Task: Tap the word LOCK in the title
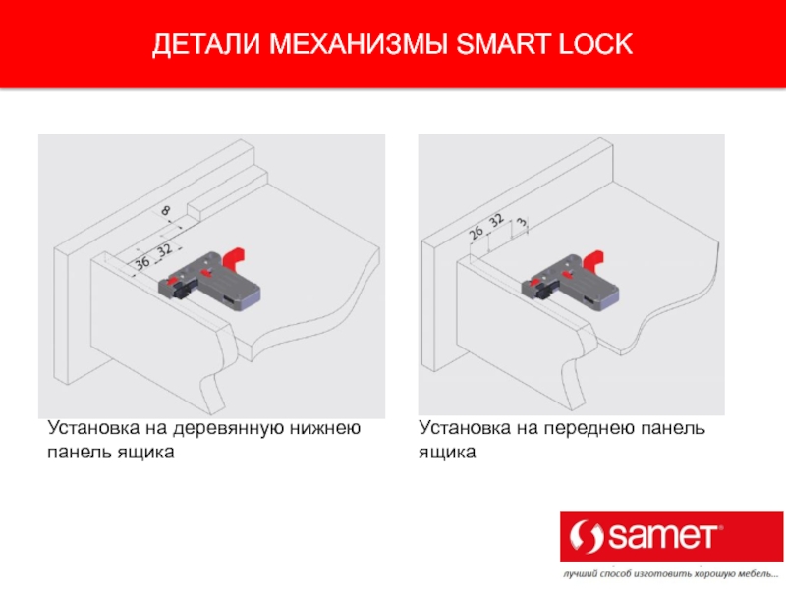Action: coord(595,44)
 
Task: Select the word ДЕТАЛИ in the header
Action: coord(207,44)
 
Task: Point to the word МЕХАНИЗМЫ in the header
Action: coord(359,44)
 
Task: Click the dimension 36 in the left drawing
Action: coord(142,262)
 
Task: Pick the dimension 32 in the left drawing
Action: coord(164,250)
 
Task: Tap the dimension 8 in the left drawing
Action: coord(165,211)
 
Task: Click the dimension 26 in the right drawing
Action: coord(476,232)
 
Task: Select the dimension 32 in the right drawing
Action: coord(496,220)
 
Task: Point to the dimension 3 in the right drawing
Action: coord(523,222)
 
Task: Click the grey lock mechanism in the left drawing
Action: coord(209,284)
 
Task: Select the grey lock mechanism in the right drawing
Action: coord(570,285)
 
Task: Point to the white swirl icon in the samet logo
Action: coord(587,537)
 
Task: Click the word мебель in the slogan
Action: coord(754,573)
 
